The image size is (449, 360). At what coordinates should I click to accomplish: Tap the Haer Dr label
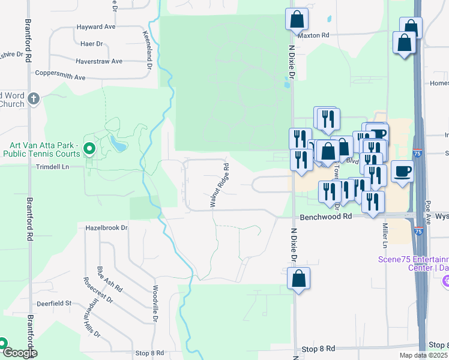tap(92, 44)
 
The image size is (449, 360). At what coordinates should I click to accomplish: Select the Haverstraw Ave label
tap(99, 61)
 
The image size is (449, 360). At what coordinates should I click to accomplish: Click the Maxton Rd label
tap(314, 35)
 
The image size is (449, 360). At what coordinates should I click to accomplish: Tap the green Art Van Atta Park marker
tap(90, 148)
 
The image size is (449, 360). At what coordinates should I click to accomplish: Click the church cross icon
tap(34, 98)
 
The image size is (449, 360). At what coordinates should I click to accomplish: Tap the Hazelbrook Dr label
tap(107, 228)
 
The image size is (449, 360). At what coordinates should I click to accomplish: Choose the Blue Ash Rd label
tap(110, 280)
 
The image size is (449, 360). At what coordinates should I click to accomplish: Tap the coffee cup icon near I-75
tap(402, 171)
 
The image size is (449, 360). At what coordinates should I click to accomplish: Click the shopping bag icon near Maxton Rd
tap(297, 19)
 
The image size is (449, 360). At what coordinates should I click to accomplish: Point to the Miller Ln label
tap(384, 235)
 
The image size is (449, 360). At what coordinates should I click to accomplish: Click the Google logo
tap(19, 353)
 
